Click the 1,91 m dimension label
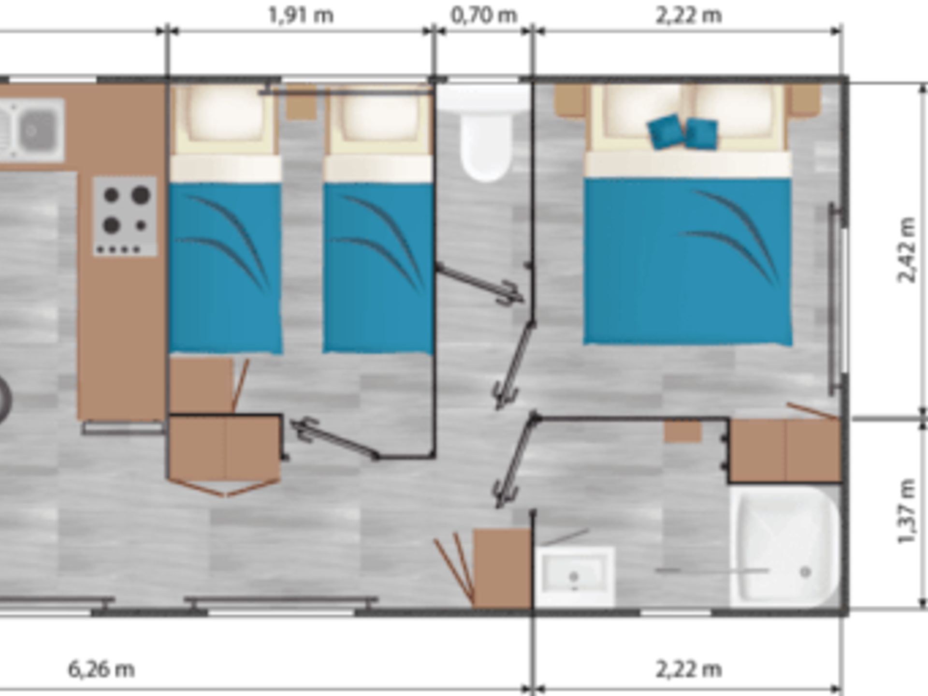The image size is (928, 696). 301,15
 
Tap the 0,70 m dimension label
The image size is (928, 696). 483,15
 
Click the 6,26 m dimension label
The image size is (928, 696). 101,669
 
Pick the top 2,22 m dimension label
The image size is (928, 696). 689,15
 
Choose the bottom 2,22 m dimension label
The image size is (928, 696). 689,669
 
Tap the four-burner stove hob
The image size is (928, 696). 125,216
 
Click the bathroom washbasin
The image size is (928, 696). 575,577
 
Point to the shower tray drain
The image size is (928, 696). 805,572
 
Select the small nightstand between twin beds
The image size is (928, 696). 301,102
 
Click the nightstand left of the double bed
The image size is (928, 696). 570,101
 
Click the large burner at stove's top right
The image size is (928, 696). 141,194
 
